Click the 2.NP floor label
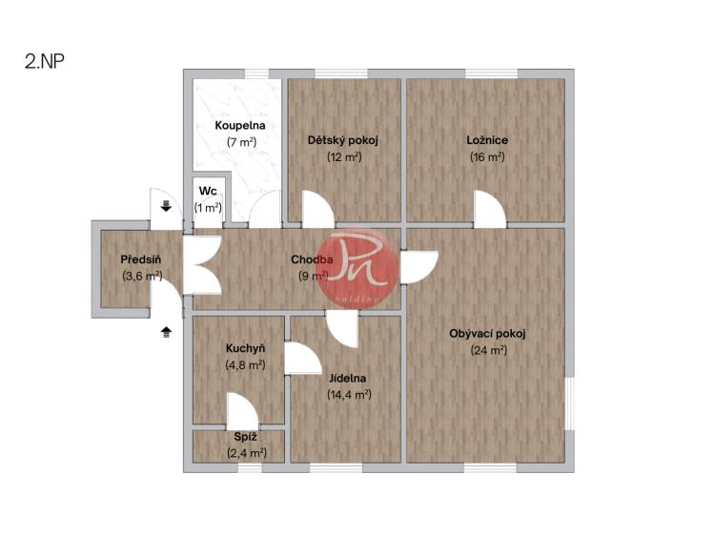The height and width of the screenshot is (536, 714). coord(44,61)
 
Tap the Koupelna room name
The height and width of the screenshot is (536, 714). coord(240,125)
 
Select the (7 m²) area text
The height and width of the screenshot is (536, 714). coord(242,142)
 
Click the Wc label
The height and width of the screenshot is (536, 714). coord(208,191)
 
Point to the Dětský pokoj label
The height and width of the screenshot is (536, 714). coord(343,140)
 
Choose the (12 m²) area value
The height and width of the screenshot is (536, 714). coord(344,156)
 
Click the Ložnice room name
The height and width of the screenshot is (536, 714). coord(487,140)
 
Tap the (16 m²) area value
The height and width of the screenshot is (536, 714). coord(487,156)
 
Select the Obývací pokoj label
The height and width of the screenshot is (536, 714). coord(487,334)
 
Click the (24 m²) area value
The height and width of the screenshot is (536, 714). coord(489,350)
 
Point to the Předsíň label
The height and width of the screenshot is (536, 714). coord(141,259)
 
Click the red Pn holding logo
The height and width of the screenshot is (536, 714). coord(358,269)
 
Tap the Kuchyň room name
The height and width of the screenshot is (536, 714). coord(245,348)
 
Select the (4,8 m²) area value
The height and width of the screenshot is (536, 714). coord(245,364)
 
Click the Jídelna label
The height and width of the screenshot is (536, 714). coord(347,378)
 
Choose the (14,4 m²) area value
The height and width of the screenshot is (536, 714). coord(349,395)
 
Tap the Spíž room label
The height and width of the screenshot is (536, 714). coord(245,437)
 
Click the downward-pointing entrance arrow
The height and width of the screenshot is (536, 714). coord(166,206)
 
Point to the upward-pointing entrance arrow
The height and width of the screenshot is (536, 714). coord(166,333)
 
